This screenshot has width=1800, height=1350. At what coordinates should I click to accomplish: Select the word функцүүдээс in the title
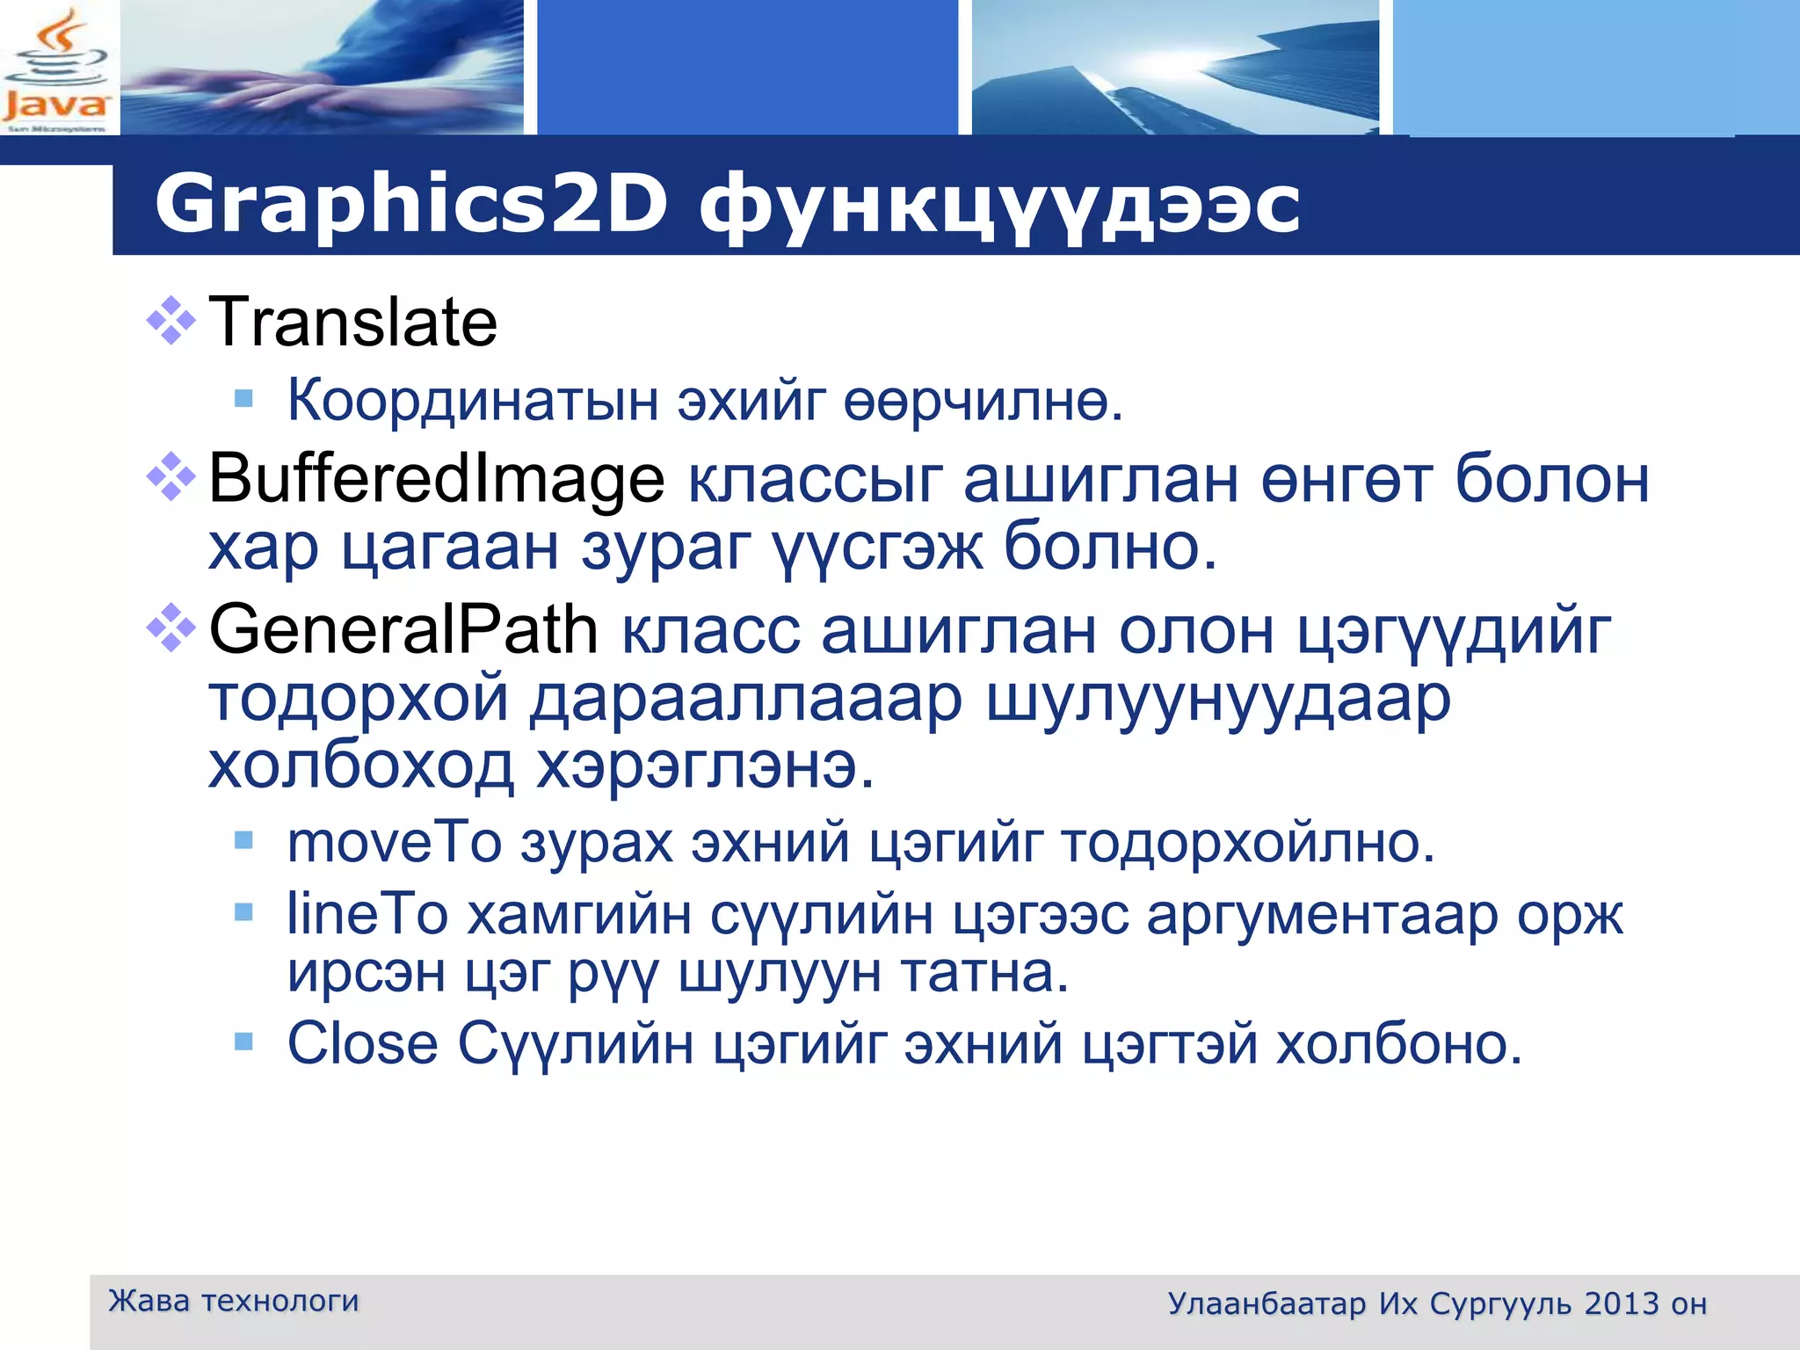point(999,207)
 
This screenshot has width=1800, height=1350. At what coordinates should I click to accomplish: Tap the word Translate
point(353,323)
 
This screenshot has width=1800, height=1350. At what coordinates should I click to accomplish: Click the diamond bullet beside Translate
point(171,322)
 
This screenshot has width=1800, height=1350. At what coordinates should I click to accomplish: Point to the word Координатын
point(473,401)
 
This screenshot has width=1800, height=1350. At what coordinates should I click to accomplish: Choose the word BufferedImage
point(436,480)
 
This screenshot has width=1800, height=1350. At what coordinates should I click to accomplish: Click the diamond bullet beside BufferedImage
point(171,477)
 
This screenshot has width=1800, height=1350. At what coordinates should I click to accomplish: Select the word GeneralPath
point(403,629)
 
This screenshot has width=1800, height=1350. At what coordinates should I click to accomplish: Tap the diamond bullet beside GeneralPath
point(171,628)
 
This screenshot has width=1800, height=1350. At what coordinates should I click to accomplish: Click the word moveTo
point(395,843)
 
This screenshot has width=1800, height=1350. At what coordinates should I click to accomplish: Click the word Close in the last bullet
point(362,1044)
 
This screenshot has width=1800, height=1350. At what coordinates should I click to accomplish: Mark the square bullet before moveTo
point(243,842)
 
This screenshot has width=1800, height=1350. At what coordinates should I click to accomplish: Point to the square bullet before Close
point(243,1043)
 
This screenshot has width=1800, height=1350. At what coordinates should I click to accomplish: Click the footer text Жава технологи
point(233,1301)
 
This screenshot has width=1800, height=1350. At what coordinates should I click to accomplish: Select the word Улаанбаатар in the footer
point(1267,1304)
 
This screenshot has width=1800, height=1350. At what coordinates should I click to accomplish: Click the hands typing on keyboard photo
point(322,68)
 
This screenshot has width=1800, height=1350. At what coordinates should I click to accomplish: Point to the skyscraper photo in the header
point(1175,68)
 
